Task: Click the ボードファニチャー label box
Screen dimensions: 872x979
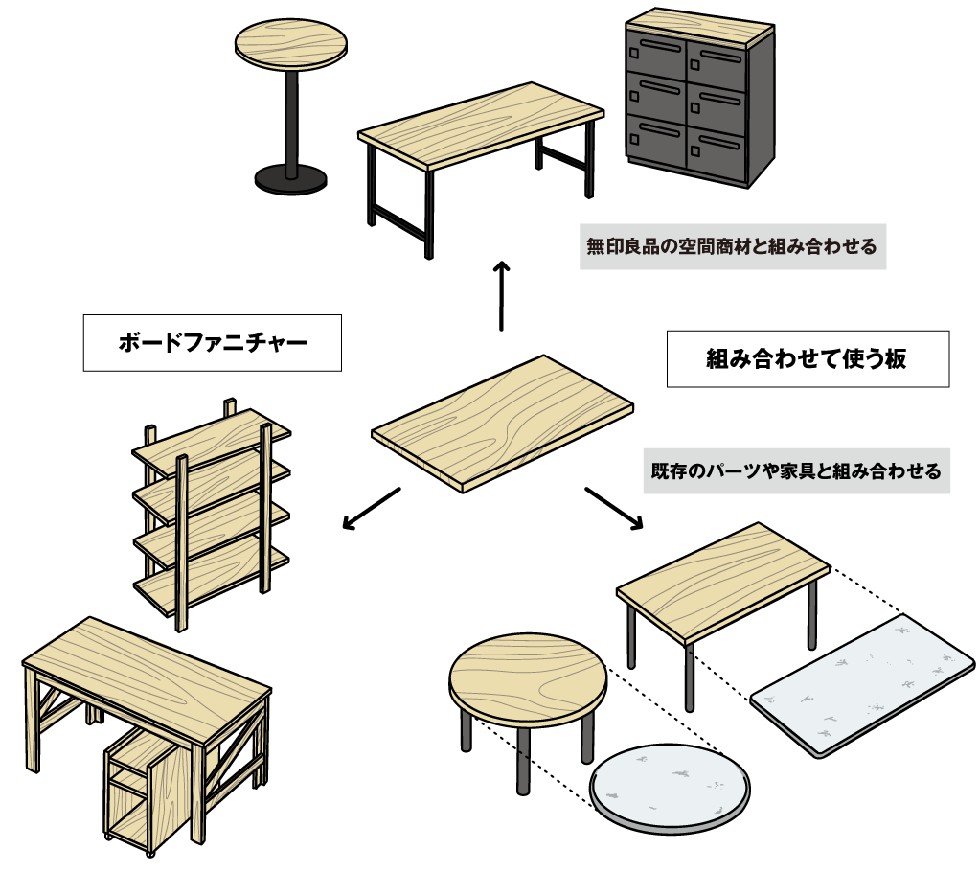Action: [213, 342]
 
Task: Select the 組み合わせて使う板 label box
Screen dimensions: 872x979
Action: [807, 359]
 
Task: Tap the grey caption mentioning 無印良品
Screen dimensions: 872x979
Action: [732, 246]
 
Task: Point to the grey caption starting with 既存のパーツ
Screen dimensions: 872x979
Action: [795, 471]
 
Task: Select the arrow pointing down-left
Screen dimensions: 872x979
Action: [370, 508]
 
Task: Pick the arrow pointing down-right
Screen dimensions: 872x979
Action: [614, 508]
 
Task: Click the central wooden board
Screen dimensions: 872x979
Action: [502, 420]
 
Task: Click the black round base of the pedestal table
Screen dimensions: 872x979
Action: [290, 177]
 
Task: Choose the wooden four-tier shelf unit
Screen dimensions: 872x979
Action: [211, 517]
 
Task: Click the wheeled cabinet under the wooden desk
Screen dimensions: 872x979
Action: [134, 786]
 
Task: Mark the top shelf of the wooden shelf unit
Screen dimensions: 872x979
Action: [211, 434]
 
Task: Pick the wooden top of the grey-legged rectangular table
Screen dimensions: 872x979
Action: [722, 579]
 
